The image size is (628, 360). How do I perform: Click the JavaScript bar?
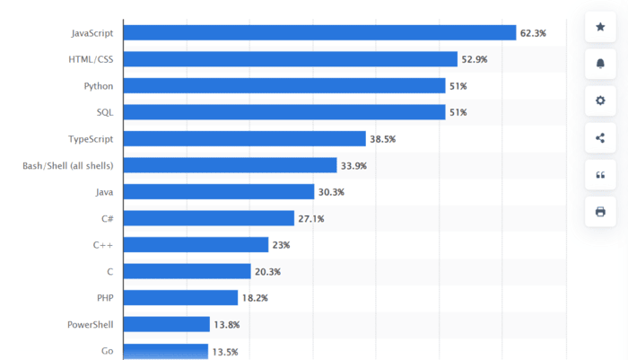pos(319,32)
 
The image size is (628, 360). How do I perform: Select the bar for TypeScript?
pos(244,139)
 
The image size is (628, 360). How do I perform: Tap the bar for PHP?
pos(180,297)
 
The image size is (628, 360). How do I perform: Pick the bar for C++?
pos(196,244)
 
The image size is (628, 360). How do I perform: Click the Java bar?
pos(219,192)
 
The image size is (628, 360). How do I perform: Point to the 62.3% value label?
pos(533,33)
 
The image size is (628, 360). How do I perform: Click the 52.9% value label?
pos(475,59)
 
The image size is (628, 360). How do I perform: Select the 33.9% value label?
pos(353,166)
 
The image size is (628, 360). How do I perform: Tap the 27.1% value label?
pos(311,219)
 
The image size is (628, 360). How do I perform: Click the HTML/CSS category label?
pos(92,59)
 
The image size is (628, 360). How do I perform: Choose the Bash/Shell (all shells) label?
pos(67,165)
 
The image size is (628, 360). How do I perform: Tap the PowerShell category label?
pos(90,324)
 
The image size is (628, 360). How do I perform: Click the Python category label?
pos(98,86)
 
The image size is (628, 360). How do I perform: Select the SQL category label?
pos(104,112)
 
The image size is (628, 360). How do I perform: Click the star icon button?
pos(600,27)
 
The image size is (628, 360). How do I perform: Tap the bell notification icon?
pos(600,64)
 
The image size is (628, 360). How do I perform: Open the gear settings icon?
pos(600,101)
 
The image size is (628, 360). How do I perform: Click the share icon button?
pos(600,137)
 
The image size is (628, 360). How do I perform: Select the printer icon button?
pos(600,212)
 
